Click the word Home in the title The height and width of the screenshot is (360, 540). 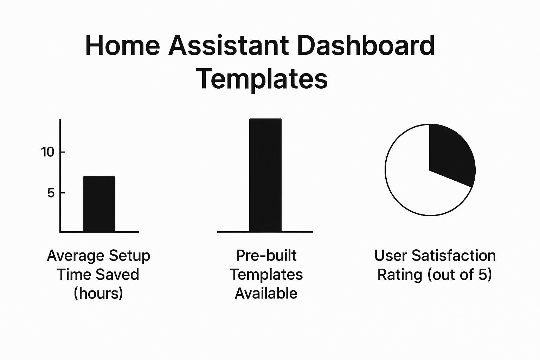(122, 46)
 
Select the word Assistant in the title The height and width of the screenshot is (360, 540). (228, 46)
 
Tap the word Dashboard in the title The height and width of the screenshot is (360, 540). (366, 45)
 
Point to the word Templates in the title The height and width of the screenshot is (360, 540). (262, 79)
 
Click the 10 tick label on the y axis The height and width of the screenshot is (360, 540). (48, 152)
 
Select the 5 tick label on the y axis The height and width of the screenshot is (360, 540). (51, 193)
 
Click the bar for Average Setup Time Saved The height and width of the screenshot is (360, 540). (99, 204)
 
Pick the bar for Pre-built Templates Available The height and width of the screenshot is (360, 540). (265, 175)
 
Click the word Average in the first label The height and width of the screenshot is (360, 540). (76, 256)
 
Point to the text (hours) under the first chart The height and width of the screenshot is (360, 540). (98, 294)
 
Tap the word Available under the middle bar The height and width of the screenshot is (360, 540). (266, 293)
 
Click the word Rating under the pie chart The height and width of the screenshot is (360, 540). (400, 275)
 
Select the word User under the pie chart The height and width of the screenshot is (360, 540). (391, 256)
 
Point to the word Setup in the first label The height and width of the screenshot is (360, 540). (130, 256)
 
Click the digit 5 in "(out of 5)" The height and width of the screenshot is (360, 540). (483, 275)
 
